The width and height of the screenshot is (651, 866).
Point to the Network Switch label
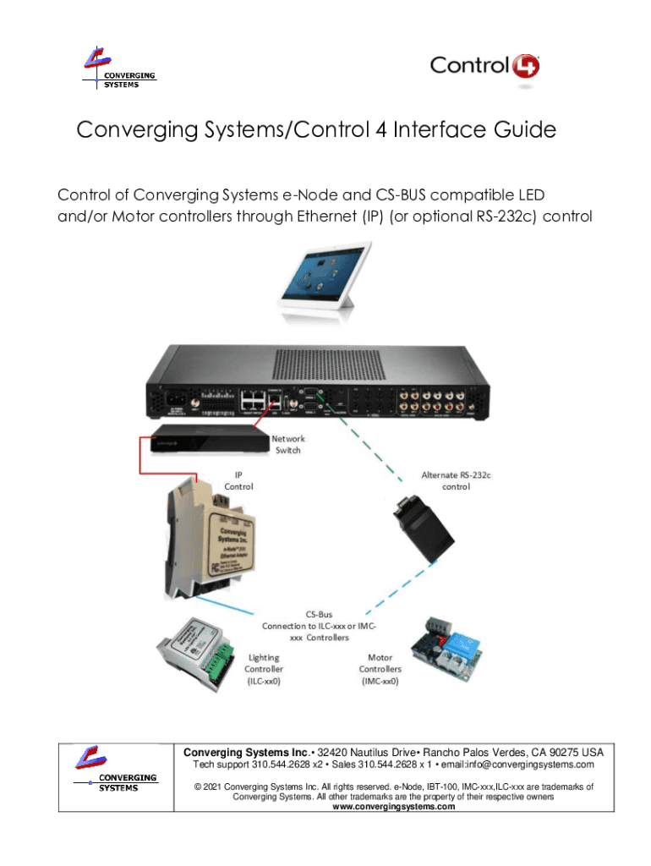(288, 444)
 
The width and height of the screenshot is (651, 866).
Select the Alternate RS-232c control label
(457, 480)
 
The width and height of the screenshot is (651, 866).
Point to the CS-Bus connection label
(319, 626)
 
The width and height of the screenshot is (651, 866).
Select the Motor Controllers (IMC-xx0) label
(379, 668)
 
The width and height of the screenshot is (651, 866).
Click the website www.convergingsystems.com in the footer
(393, 807)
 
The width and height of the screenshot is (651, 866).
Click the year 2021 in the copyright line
(212, 787)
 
